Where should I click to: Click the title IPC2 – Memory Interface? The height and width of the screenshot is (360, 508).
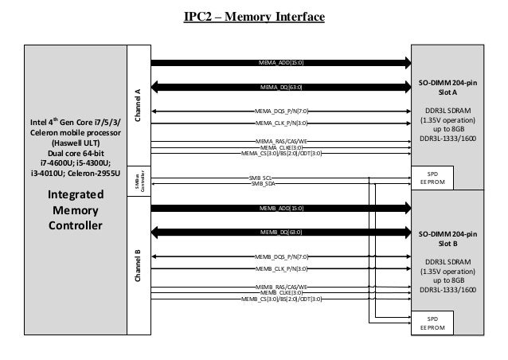[253, 16]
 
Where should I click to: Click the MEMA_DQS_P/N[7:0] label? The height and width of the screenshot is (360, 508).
[281, 112]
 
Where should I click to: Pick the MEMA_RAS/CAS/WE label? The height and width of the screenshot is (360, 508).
[281, 141]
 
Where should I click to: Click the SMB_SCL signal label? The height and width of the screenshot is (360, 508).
[261, 178]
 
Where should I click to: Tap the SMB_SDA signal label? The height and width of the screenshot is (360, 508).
[261, 183]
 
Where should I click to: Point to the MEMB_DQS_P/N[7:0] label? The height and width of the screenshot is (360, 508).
[281, 257]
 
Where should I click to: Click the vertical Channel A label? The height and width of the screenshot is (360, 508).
[138, 104]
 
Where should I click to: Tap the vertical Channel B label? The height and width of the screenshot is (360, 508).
[138, 267]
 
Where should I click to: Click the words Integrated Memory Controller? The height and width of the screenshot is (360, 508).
[76, 209]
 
